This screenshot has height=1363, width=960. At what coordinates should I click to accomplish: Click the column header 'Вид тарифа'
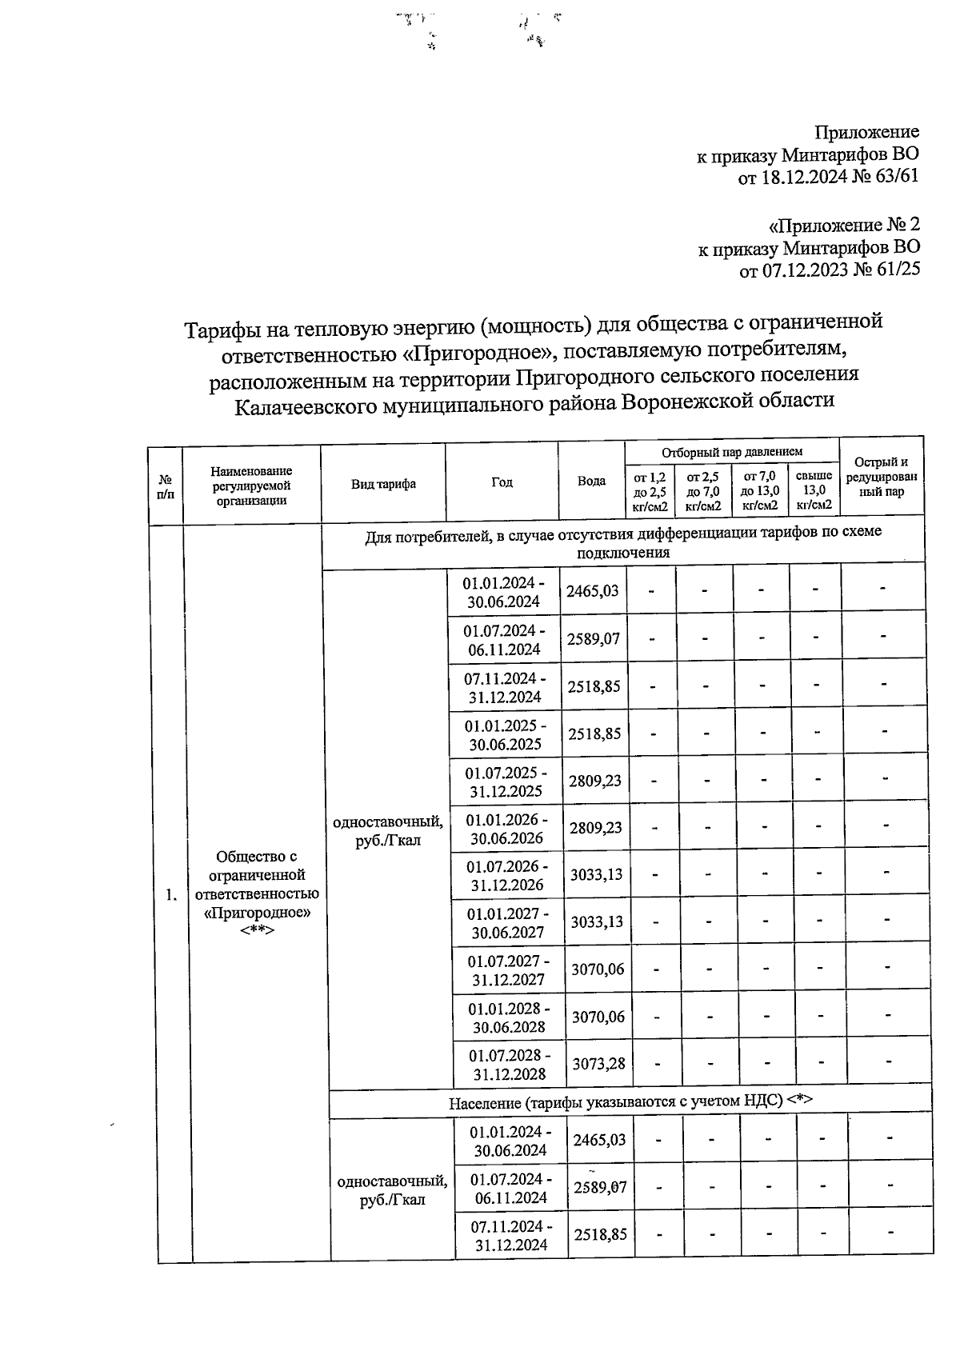[x=383, y=484]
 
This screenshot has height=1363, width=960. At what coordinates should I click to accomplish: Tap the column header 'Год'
[x=502, y=482]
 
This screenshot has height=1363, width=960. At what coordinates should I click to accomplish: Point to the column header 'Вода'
[x=591, y=482]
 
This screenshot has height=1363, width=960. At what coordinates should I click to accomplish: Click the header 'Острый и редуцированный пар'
[x=881, y=477]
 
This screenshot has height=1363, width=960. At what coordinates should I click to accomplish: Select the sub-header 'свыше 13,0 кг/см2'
[x=814, y=490]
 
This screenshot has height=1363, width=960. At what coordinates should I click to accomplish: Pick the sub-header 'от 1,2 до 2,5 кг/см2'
[x=650, y=490]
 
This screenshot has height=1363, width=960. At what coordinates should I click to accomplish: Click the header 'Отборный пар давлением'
[x=731, y=452]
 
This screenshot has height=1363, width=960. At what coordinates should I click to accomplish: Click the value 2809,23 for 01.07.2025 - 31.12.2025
[x=594, y=781]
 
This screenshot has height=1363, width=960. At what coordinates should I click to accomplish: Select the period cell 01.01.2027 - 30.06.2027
[x=508, y=922]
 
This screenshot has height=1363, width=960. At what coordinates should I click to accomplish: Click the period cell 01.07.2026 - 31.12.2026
[x=507, y=875]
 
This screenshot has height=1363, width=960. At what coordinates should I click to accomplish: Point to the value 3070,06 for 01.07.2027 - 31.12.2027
[x=597, y=969]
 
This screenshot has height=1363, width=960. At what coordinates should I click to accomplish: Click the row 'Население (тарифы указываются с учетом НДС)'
[x=630, y=1102]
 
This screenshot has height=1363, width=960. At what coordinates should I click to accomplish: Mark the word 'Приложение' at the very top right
[x=866, y=132]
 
